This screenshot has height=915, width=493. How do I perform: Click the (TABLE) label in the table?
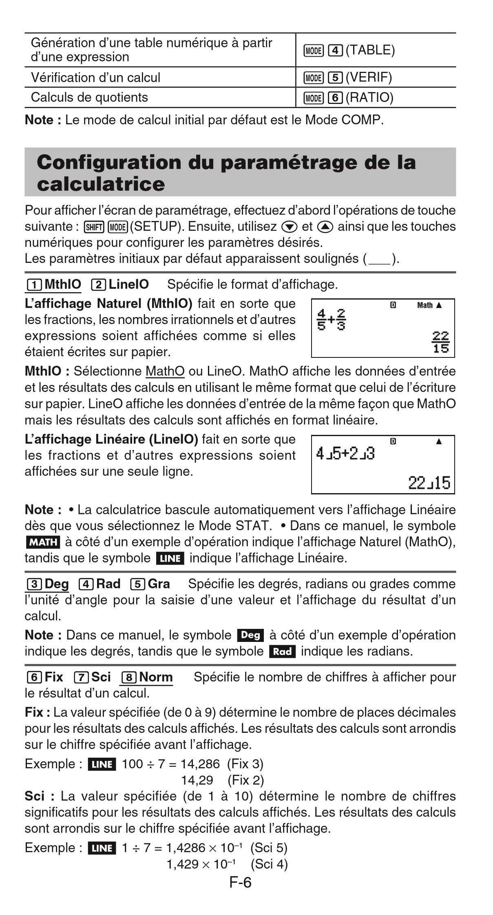pos(370,50)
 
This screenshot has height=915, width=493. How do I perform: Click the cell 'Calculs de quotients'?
pos(89,97)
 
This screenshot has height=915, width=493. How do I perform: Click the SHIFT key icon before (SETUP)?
pos(94,227)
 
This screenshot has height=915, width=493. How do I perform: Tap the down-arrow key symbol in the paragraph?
pos(290,227)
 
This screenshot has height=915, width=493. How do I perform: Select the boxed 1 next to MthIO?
pos(33,284)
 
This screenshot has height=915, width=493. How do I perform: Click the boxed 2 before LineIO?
pos(98,284)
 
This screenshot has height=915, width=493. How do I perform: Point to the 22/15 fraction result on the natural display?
pos(440,342)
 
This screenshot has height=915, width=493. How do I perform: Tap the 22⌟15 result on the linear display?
pos(429,483)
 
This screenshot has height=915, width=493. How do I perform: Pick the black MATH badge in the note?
pos(42,542)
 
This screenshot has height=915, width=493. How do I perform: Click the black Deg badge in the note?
pos(250,635)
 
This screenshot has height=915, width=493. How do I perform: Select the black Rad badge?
pos(282,651)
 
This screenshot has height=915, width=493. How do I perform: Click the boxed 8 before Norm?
pos(129,677)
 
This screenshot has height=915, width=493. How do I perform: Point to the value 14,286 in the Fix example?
pos(200,764)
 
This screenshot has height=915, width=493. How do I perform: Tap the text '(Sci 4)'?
pos(269,864)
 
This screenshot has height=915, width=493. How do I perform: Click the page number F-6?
pos(241,882)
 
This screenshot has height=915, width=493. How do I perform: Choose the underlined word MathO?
pos(165,371)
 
